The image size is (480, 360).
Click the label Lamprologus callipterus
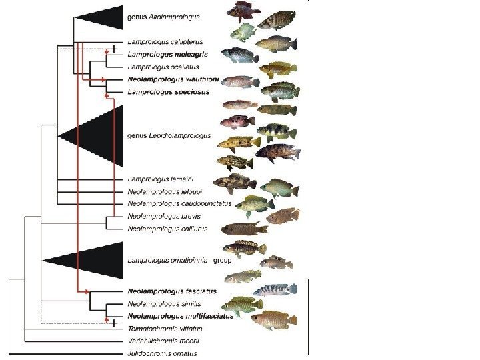tap(160, 41)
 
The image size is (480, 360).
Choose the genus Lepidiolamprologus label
tap(169, 135)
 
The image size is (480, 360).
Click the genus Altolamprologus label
tap(163, 16)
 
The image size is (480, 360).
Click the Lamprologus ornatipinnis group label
tap(179, 260)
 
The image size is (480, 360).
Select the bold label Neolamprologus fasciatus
tap(171, 291)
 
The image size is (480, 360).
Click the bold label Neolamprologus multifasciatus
tap(179, 316)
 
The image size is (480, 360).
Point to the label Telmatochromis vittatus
tap(165, 329)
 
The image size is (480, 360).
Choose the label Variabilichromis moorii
tap(164, 341)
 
